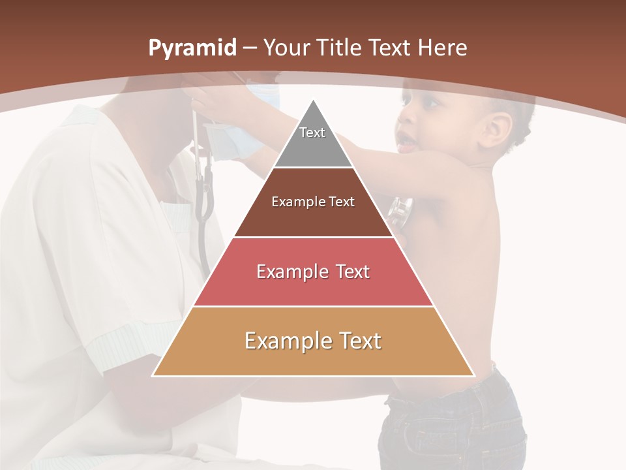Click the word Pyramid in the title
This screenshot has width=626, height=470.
[x=192, y=48]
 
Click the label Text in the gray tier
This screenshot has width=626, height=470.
[x=312, y=133]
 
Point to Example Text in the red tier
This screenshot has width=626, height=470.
[x=313, y=272]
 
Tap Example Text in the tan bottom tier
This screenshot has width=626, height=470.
[x=313, y=341]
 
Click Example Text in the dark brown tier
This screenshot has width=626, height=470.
[x=313, y=202]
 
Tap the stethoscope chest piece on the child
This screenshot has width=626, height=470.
[x=400, y=212]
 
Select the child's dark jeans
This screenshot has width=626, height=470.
[x=450, y=424]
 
